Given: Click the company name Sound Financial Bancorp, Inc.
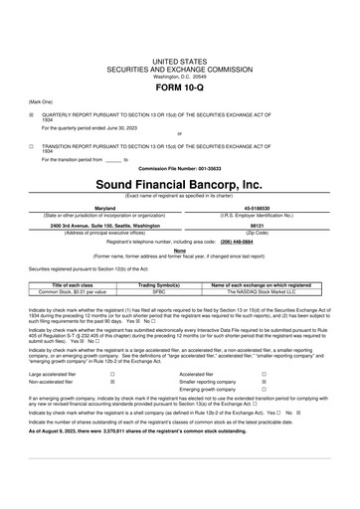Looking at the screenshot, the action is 179,185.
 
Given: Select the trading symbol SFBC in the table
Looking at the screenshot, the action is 159,291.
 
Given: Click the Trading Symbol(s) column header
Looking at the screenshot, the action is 159,284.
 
